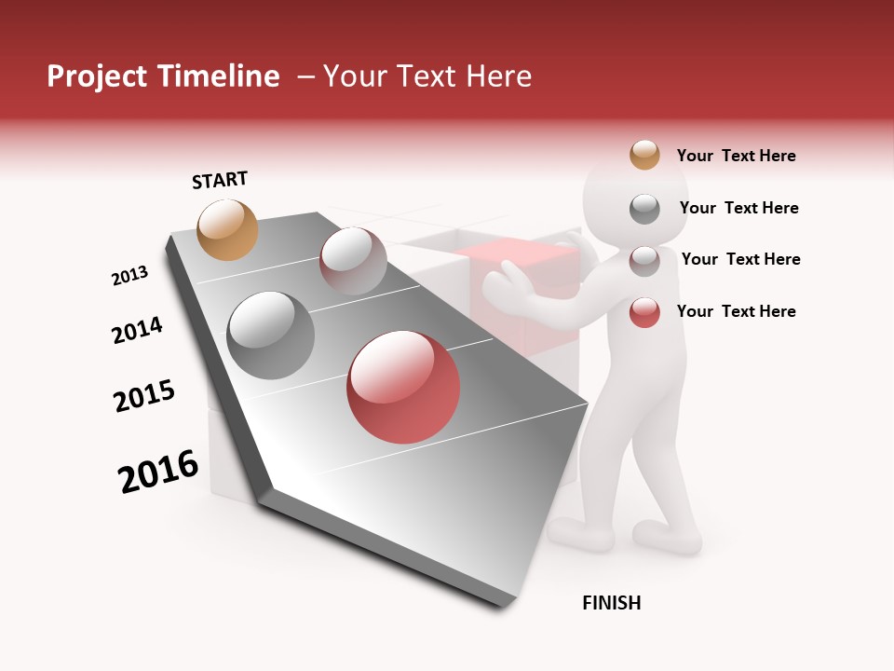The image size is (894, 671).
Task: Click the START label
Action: pos(220,180)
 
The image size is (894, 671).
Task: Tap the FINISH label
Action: pos(611,603)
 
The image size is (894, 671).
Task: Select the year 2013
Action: pos(129,276)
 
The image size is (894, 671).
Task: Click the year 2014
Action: pos(137,330)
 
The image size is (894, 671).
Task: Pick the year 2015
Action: pos(144,396)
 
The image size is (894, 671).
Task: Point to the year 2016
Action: pos(158,472)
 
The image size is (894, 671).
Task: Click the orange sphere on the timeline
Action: pos(228,229)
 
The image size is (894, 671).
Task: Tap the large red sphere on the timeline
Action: pos(403,387)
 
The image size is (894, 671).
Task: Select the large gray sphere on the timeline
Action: pos(271,335)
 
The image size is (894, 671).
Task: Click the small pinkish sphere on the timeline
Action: pos(353,262)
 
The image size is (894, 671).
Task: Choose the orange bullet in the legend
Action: pos(644,155)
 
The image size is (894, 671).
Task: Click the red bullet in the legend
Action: pos(644,312)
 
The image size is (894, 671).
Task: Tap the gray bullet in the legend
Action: pos(644,209)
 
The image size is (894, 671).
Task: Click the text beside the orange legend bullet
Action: pos(736,156)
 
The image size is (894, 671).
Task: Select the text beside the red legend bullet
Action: pos(736,311)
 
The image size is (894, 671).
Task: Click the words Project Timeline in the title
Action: pos(163,76)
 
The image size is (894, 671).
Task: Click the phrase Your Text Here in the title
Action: pos(427,76)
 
